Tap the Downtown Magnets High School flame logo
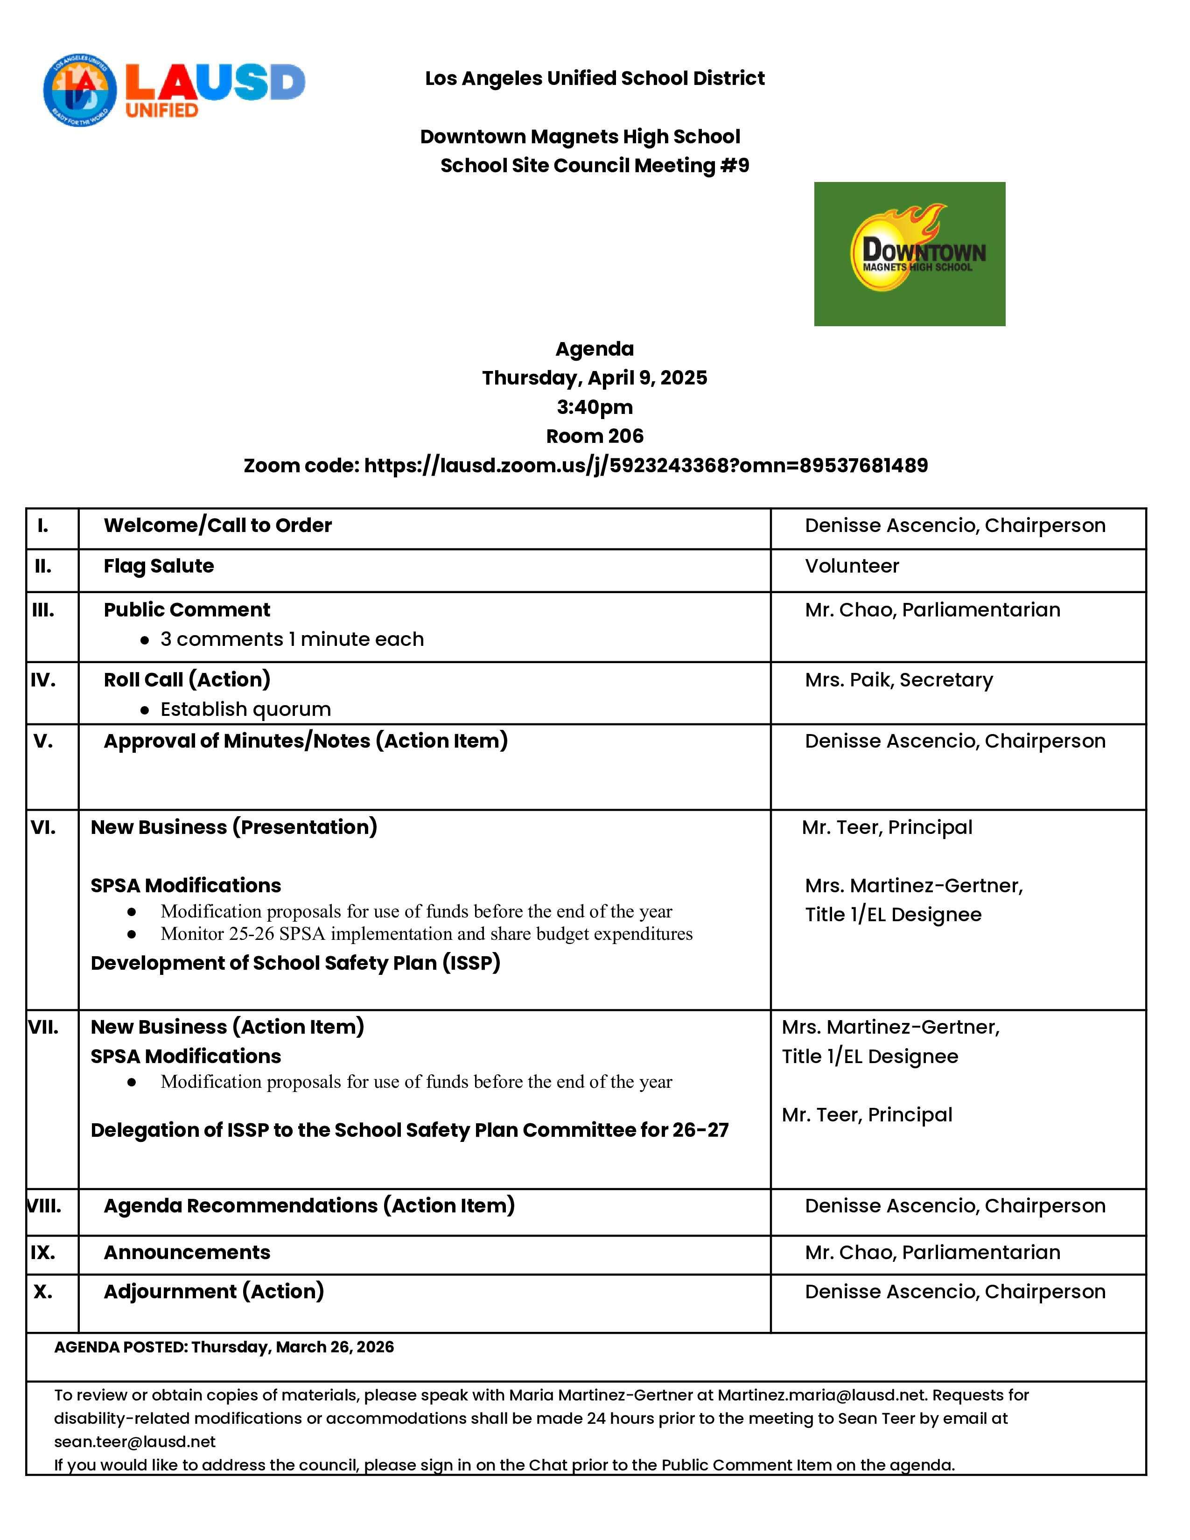[x=910, y=254]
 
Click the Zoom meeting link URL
[x=646, y=465]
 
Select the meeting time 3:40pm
[x=594, y=407]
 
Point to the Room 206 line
[x=594, y=436]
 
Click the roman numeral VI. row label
[x=43, y=827]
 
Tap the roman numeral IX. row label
[x=43, y=1253]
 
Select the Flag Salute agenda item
[x=159, y=566]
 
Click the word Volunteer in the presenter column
[x=852, y=566]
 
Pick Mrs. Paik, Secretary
[x=899, y=680]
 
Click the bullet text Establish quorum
[x=245, y=709]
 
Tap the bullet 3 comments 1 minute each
[x=292, y=639]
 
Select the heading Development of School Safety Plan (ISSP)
[x=295, y=963]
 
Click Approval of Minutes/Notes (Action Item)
[x=305, y=741]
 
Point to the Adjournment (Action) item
[x=214, y=1292]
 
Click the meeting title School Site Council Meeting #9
[x=594, y=166]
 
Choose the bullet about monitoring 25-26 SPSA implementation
[x=426, y=934]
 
